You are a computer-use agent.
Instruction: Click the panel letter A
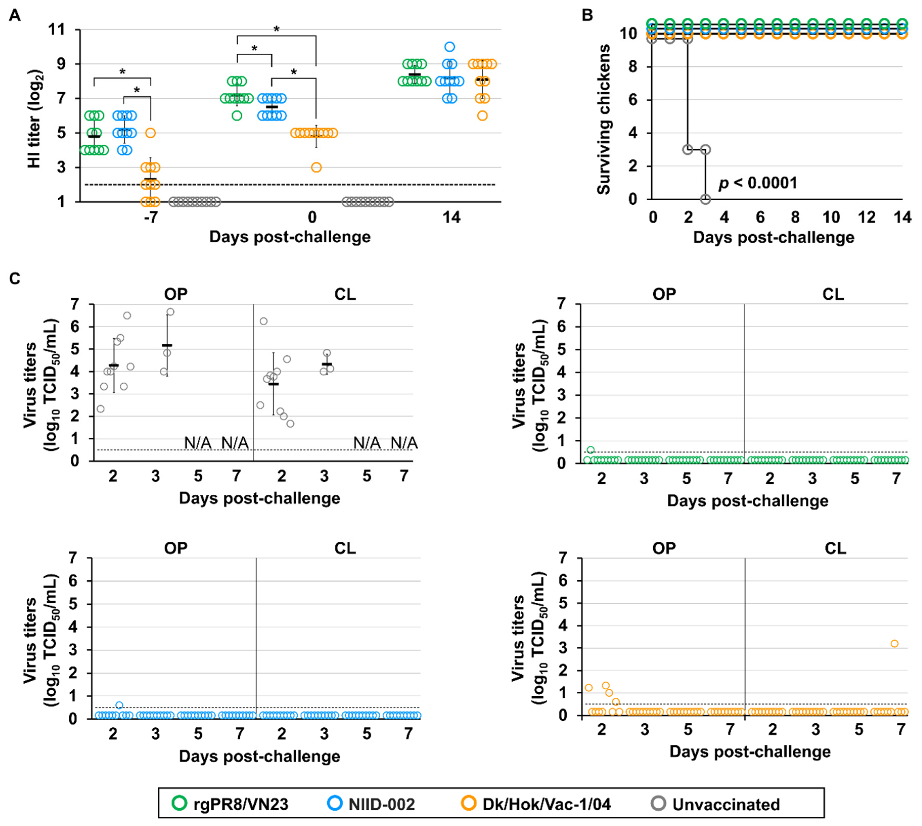pos(15,15)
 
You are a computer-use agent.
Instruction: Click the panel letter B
pos(587,15)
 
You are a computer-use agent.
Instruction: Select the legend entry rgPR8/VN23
pos(231,804)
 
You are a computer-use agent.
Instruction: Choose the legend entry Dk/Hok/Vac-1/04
pos(536,804)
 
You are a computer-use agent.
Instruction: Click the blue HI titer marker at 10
pos(449,47)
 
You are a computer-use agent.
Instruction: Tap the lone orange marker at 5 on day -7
pos(150,133)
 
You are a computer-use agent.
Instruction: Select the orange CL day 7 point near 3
pos(894,644)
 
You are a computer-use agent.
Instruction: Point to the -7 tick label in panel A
pos(150,217)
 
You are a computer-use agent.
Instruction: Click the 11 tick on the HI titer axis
pos(57,30)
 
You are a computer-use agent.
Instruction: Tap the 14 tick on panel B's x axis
pos(902,217)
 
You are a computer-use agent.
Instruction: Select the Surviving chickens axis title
pos(603,119)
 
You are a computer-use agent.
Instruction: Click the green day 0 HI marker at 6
pos(237,116)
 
